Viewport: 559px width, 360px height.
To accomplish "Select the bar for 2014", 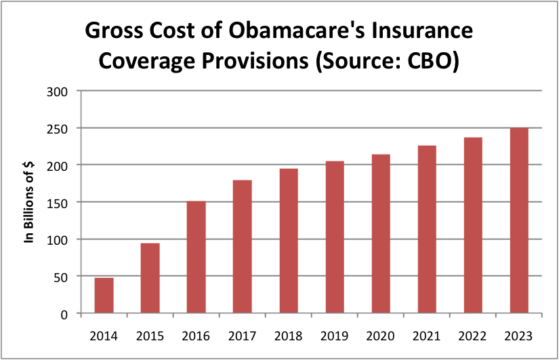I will point(104,296).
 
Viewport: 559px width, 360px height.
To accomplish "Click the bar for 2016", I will point(196,258).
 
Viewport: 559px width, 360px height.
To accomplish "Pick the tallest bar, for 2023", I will point(518,221).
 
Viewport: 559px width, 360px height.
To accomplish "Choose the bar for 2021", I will point(426,230).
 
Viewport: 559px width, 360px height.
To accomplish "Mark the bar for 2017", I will point(242,247).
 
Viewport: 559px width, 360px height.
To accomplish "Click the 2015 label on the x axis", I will point(150,336).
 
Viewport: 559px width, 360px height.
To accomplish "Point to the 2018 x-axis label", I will point(288,336).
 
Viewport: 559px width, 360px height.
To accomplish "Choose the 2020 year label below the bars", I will point(380,336).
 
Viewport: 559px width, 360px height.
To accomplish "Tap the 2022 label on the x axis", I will point(472,336).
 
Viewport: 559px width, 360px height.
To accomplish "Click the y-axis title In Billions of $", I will point(30,202).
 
